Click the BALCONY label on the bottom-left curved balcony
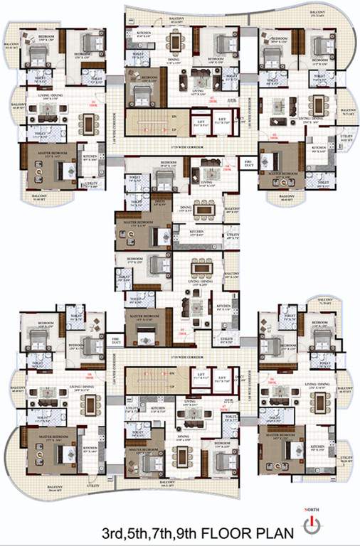[49, 486]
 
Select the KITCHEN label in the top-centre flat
[142, 33]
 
